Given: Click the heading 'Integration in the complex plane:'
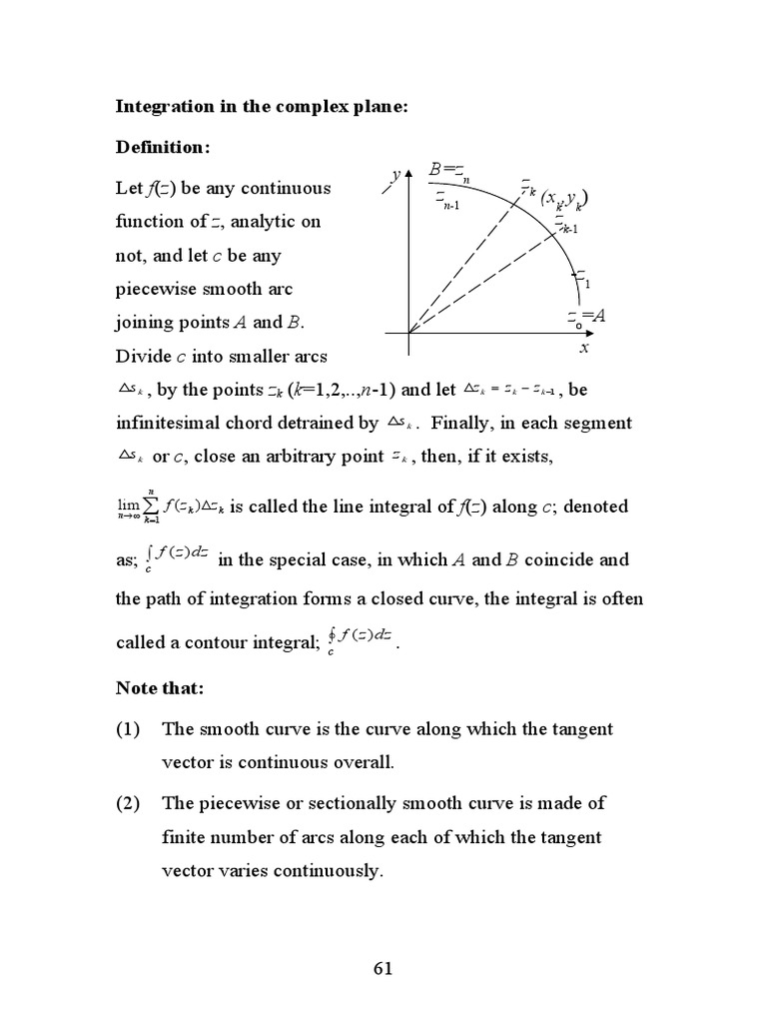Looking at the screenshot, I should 263,107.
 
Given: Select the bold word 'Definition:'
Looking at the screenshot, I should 164,147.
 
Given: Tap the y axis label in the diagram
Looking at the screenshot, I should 395,174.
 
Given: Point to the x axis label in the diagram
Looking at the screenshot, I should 584,348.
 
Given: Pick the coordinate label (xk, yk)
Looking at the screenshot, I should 564,200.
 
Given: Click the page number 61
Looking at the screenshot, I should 383,968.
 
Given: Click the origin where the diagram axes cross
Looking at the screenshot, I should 408,332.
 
